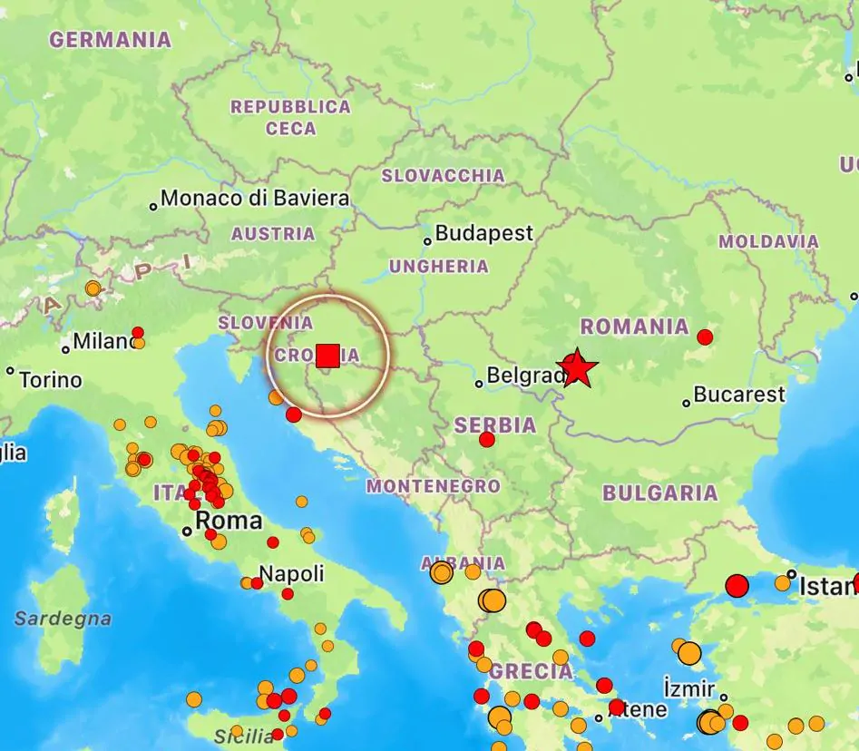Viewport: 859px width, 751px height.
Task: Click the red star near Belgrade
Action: point(578,368)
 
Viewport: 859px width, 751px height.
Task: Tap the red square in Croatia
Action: point(328,356)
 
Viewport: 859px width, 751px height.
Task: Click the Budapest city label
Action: point(483,234)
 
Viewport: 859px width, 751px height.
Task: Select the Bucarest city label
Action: point(738,395)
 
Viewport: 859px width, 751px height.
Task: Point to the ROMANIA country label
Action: point(635,327)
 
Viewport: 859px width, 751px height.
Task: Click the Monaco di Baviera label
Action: point(255,199)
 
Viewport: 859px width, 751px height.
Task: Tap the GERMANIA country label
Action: point(110,40)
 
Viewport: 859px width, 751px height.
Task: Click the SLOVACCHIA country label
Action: point(443,176)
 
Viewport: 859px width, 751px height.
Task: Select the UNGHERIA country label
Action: point(439,267)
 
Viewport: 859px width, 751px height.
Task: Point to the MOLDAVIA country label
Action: point(768,242)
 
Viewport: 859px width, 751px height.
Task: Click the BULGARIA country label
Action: point(660,493)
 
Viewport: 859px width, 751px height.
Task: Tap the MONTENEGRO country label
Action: point(433,486)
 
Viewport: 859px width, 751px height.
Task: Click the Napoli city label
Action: point(291,573)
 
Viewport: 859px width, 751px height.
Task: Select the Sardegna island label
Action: point(63,619)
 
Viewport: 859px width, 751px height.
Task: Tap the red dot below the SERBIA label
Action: point(487,440)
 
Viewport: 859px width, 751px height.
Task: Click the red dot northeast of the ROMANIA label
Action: point(705,337)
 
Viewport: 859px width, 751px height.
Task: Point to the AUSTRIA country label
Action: point(273,234)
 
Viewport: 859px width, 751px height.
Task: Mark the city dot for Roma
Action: point(187,531)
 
